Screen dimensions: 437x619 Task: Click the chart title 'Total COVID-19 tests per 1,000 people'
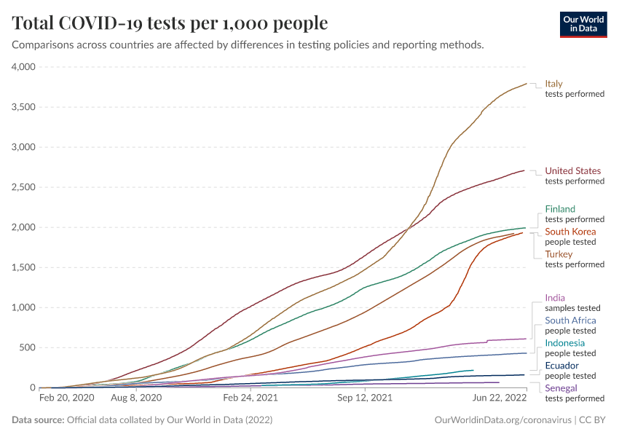(x=170, y=23)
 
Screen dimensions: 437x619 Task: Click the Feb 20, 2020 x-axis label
(x=66, y=398)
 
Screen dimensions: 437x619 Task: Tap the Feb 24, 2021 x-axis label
(x=251, y=398)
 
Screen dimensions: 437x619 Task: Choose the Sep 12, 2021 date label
(x=365, y=398)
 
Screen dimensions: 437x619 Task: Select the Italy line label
(x=553, y=84)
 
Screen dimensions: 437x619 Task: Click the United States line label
(x=572, y=171)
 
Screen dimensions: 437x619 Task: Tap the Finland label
(x=560, y=209)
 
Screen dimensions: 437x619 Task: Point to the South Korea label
(x=570, y=232)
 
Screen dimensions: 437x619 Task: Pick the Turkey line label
(x=559, y=254)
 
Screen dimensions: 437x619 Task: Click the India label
(x=555, y=298)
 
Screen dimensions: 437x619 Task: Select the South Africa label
(x=570, y=320)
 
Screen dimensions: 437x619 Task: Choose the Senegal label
(x=561, y=388)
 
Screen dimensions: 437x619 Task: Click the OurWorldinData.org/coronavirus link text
(x=502, y=420)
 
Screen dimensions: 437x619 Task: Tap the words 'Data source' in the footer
(x=37, y=420)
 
